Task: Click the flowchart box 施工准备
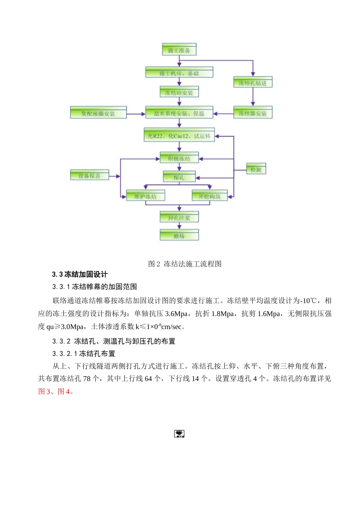[179, 50]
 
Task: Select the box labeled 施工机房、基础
[179, 73]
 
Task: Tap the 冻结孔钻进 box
[253, 83]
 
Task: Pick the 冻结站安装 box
[179, 92]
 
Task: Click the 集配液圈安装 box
[99, 113]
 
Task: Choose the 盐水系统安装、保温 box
[179, 113]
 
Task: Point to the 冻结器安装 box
[253, 113]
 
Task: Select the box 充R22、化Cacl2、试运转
[179, 135]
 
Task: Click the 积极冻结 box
[179, 158]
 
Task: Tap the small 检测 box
[256, 169]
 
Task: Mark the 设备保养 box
[90, 175]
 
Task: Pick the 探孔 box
[179, 177]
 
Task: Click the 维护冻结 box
[146, 196]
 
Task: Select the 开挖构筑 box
[210, 196]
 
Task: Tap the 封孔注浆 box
[179, 217]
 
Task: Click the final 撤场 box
[179, 236]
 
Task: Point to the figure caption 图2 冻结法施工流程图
[185, 264]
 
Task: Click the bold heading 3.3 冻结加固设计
[80, 275]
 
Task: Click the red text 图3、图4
[55, 392]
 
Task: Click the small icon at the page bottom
[179, 434]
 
